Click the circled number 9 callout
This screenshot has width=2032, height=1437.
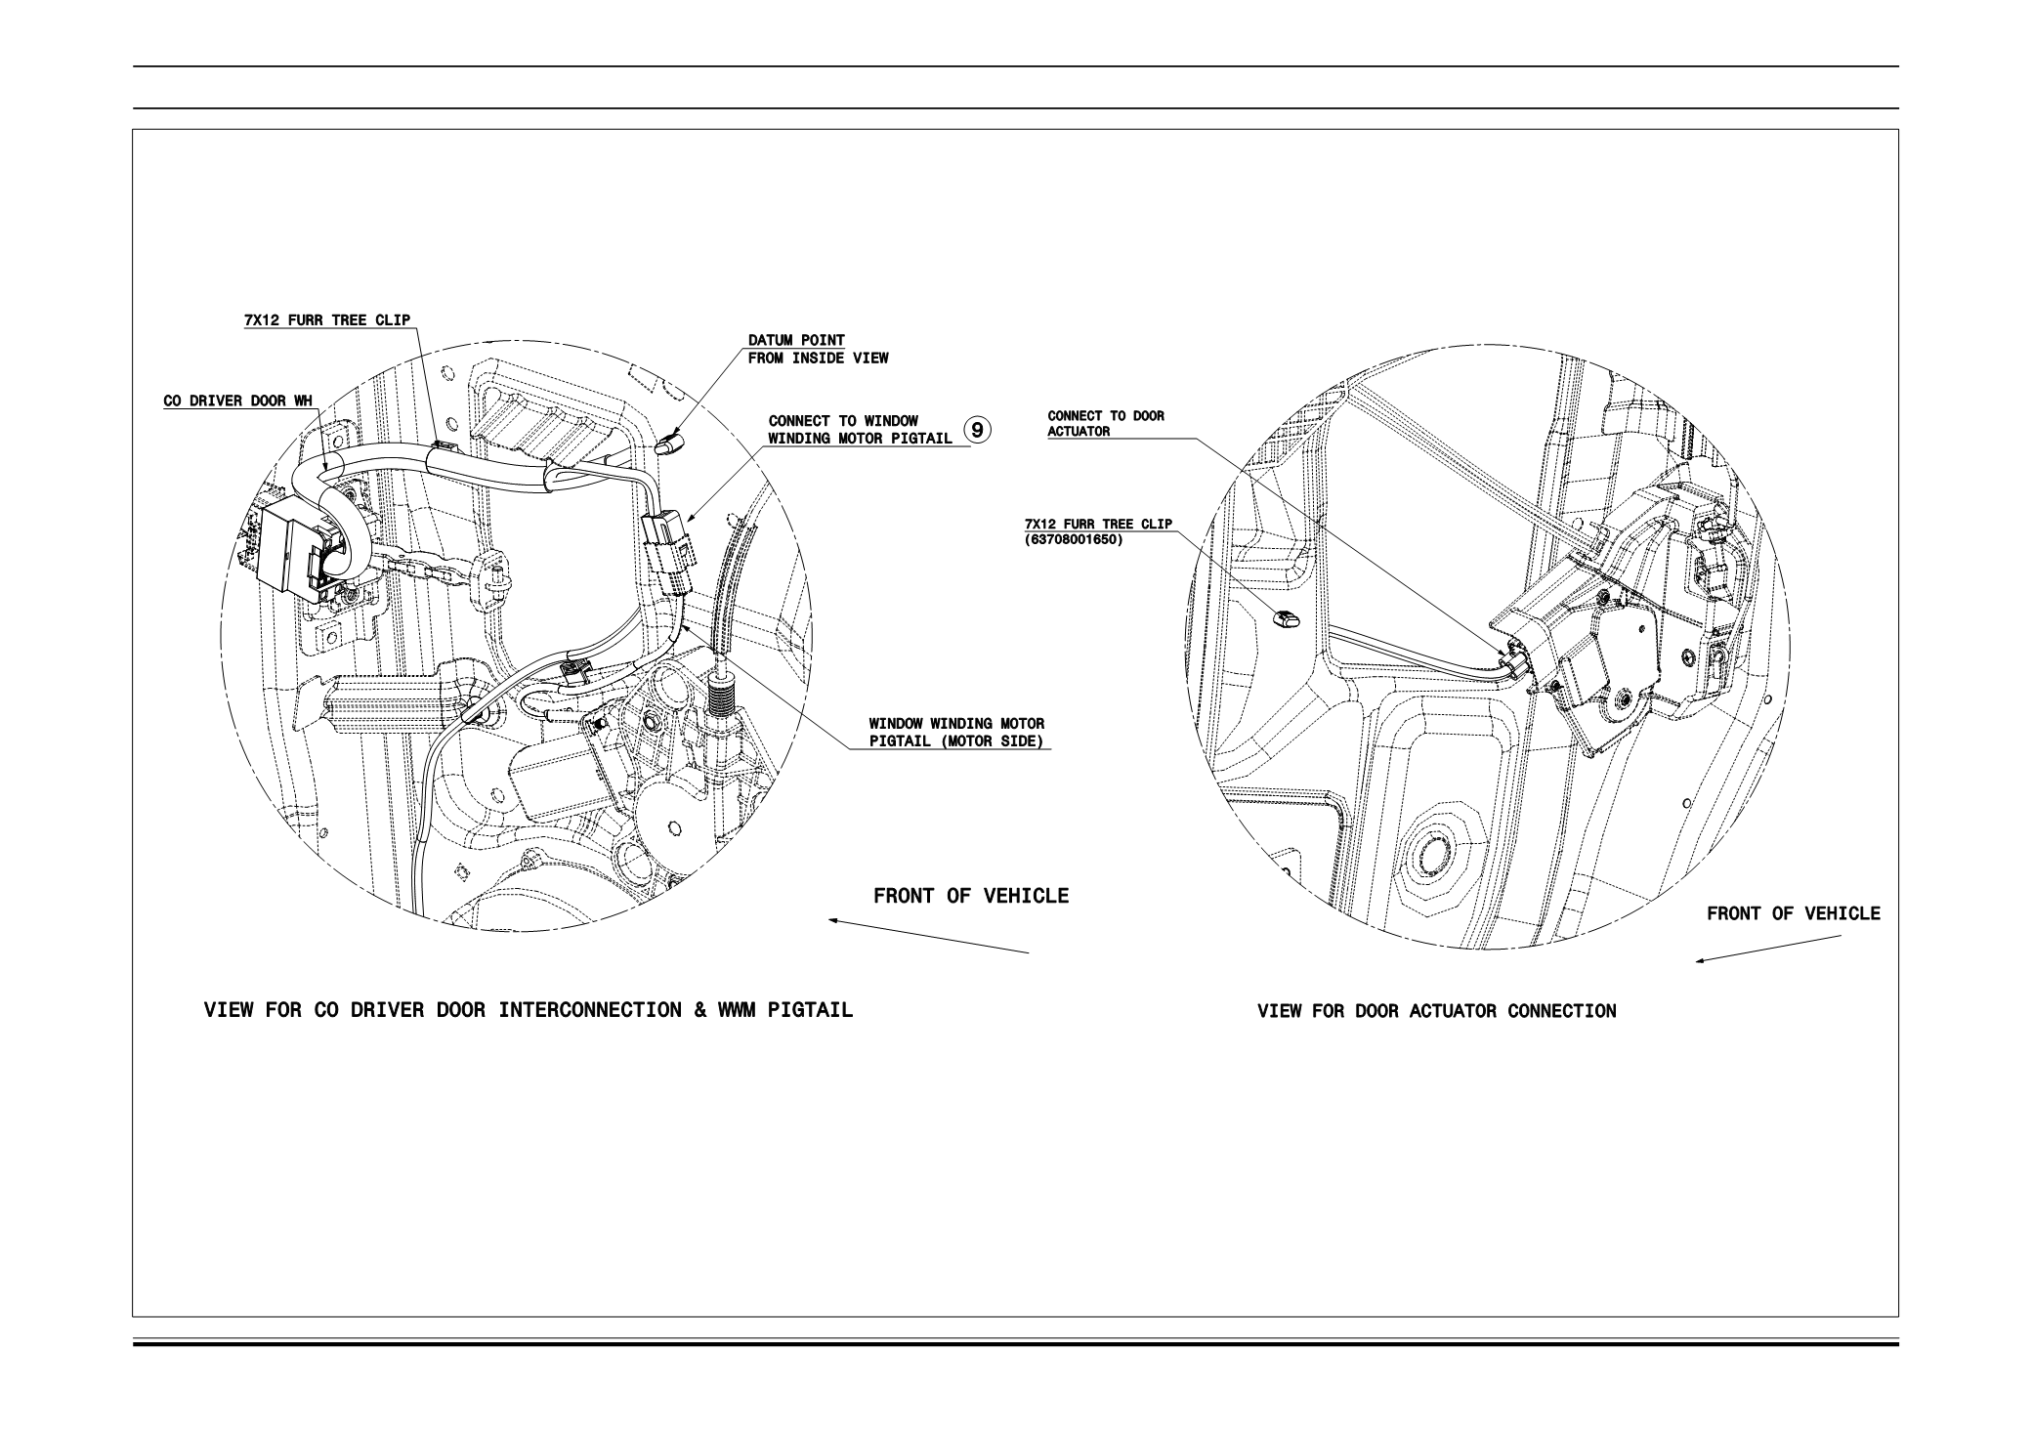click(x=978, y=429)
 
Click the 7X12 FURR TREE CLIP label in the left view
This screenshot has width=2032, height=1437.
click(x=326, y=320)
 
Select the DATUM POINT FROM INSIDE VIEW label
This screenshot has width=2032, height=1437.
click(x=818, y=349)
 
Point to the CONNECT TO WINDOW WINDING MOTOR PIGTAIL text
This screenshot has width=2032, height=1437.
click(x=860, y=430)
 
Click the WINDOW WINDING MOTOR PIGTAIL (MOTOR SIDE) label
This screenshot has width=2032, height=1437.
click(x=956, y=732)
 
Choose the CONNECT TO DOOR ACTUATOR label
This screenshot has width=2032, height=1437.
click(x=1105, y=423)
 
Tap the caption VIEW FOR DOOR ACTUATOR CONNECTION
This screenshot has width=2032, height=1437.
click(x=1436, y=1011)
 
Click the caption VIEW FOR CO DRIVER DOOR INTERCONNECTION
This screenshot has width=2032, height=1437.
click(x=528, y=1010)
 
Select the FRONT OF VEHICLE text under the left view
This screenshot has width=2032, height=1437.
click(x=971, y=896)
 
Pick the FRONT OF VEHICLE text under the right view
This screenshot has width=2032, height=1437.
click(x=1793, y=913)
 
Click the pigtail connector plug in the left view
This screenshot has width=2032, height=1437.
click(x=667, y=552)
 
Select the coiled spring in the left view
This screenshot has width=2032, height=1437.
click(x=722, y=702)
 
